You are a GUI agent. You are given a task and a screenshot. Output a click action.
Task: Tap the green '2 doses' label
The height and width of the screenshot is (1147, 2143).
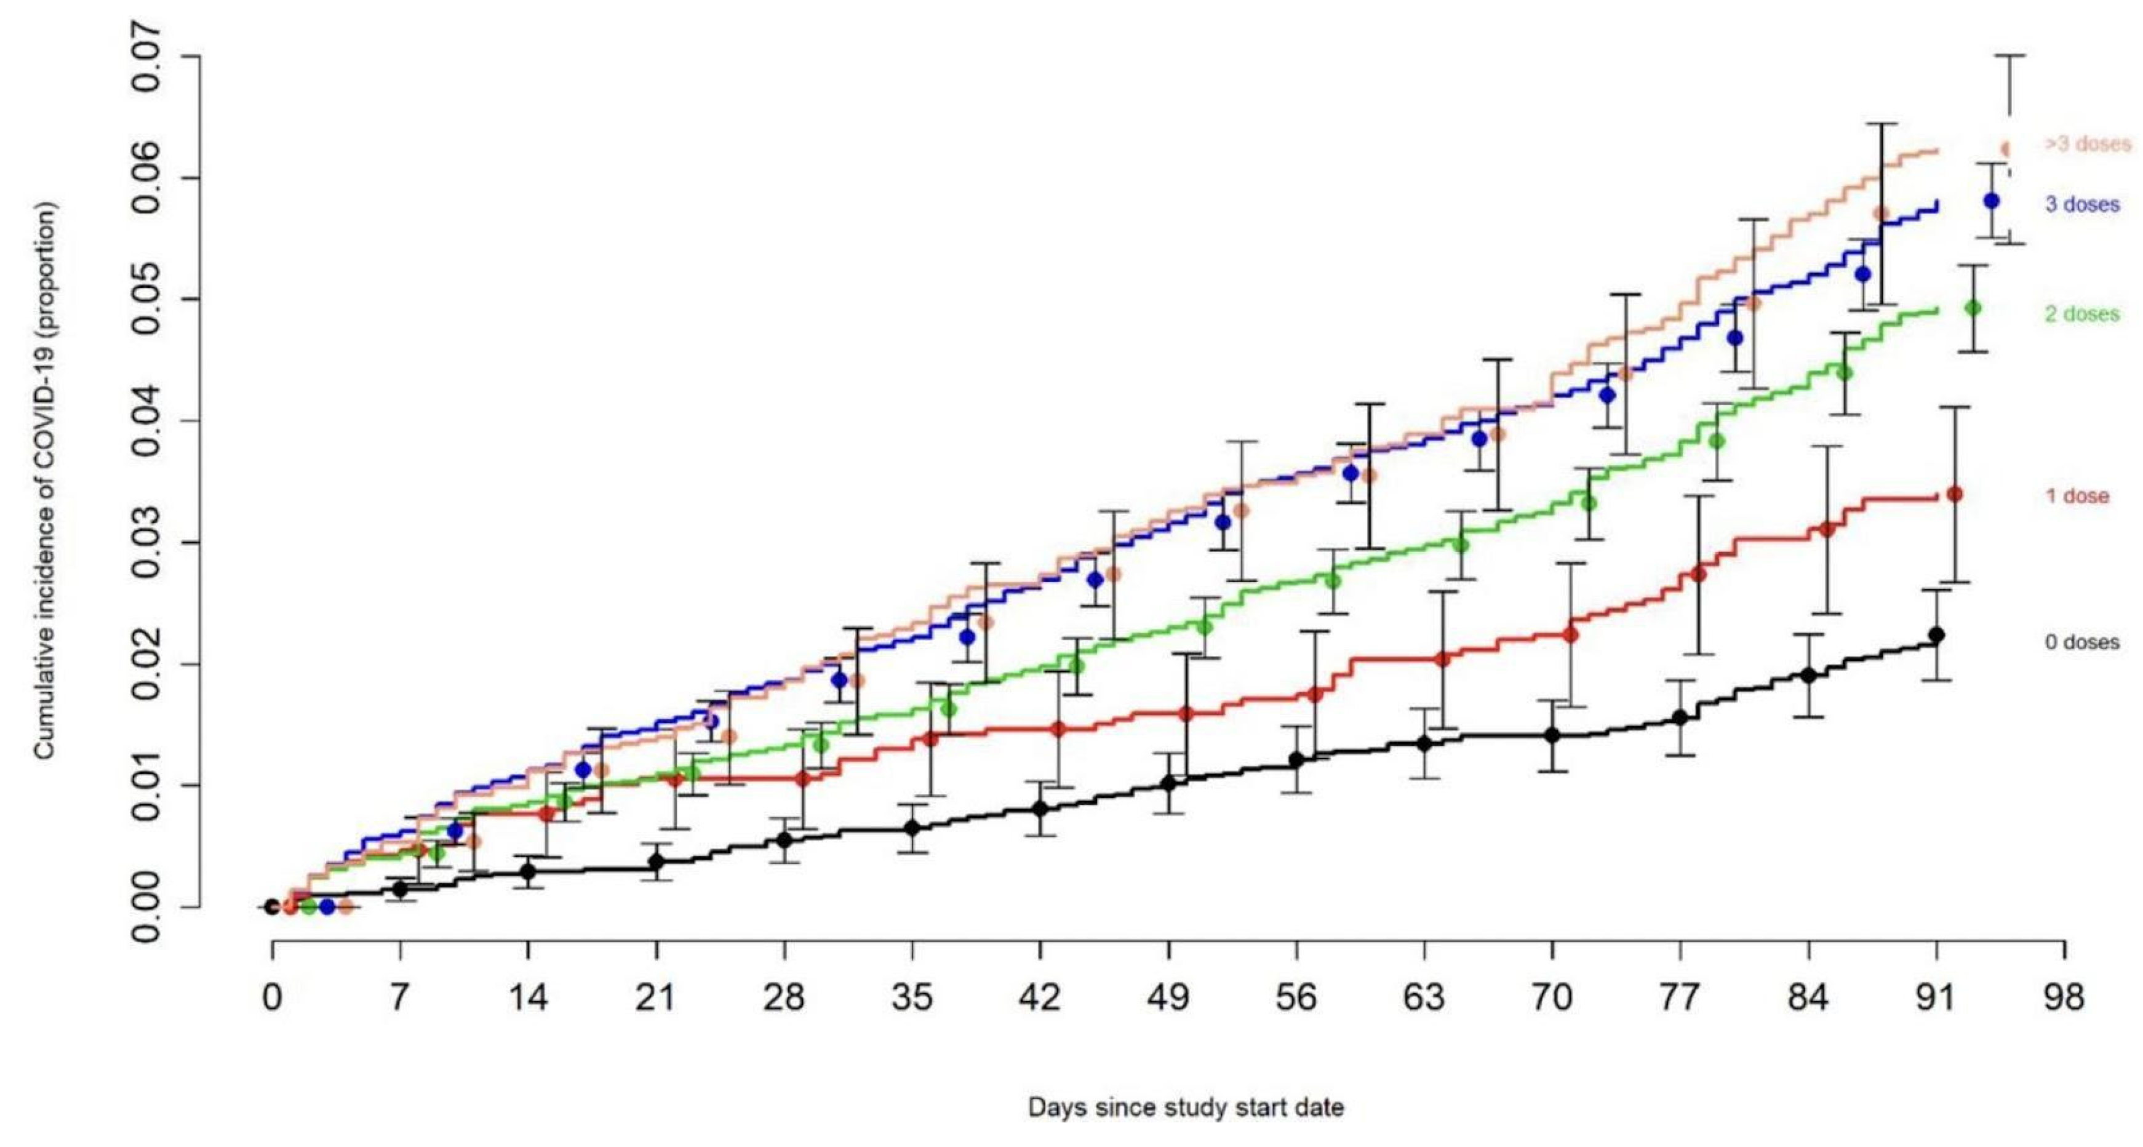(2081, 314)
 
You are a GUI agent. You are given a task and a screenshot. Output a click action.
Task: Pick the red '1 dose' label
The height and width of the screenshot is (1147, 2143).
(2077, 497)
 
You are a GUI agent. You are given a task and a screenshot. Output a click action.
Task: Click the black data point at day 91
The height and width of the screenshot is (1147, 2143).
(1936, 634)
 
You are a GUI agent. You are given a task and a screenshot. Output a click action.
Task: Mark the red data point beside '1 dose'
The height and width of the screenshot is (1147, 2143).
(1955, 495)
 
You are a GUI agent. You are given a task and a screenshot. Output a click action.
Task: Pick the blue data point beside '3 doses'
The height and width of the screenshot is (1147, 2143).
(1992, 201)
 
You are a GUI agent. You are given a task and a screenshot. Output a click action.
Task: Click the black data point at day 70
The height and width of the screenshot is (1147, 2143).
(1552, 735)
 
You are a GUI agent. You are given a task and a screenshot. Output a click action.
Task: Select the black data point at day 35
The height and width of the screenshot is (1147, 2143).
(912, 828)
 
